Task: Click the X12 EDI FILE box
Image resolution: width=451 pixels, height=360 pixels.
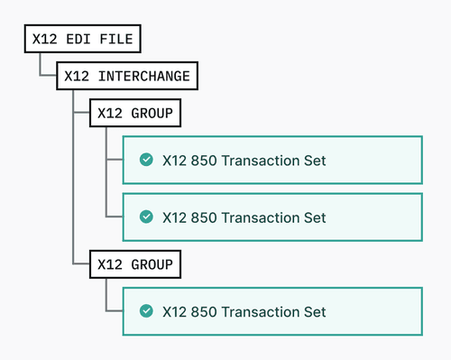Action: pyautogui.click(x=82, y=39)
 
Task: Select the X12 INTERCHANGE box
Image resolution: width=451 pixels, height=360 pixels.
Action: pyautogui.click(x=126, y=77)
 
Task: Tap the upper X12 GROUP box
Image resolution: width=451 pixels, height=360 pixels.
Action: pyautogui.click(x=134, y=114)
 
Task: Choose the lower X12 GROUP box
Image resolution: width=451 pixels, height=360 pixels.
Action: pyautogui.click(x=134, y=265)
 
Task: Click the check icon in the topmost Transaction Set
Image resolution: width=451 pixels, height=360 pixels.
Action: pyautogui.click(x=145, y=161)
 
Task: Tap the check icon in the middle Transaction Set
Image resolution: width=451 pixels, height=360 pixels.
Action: pyautogui.click(x=145, y=217)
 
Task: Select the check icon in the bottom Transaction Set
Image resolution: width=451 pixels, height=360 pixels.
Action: pyautogui.click(x=145, y=311)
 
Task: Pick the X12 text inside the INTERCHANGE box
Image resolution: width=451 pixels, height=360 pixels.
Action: pyautogui.click(x=77, y=77)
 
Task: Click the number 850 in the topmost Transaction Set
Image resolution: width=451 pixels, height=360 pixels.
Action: pyautogui.click(x=204, y=161)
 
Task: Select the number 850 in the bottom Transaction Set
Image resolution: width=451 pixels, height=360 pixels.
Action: pyautogui.click(x=204, y=311)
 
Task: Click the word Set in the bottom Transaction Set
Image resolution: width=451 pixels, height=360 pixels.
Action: pyautogui.click(x=314, y=311)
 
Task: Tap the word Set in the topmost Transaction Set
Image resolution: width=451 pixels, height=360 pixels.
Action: pyautogui.click(x=314, y=161)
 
